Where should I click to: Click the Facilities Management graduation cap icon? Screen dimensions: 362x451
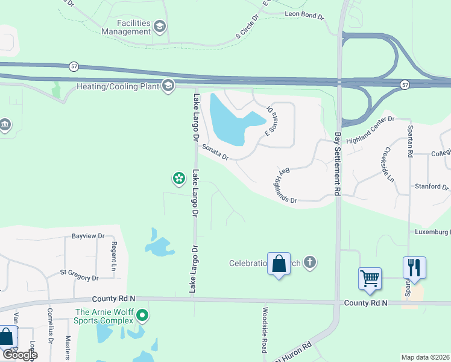160,26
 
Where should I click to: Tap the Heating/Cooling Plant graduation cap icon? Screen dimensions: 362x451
168,86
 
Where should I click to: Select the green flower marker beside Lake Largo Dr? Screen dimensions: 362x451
178,177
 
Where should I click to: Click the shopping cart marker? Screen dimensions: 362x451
370,279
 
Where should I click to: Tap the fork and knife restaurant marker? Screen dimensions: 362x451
414,267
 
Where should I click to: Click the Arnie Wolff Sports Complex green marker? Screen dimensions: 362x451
142,316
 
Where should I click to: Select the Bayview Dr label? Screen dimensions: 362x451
88,236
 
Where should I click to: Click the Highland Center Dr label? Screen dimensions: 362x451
370,124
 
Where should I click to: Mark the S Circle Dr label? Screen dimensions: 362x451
247,27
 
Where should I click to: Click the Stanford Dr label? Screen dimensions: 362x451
432,187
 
